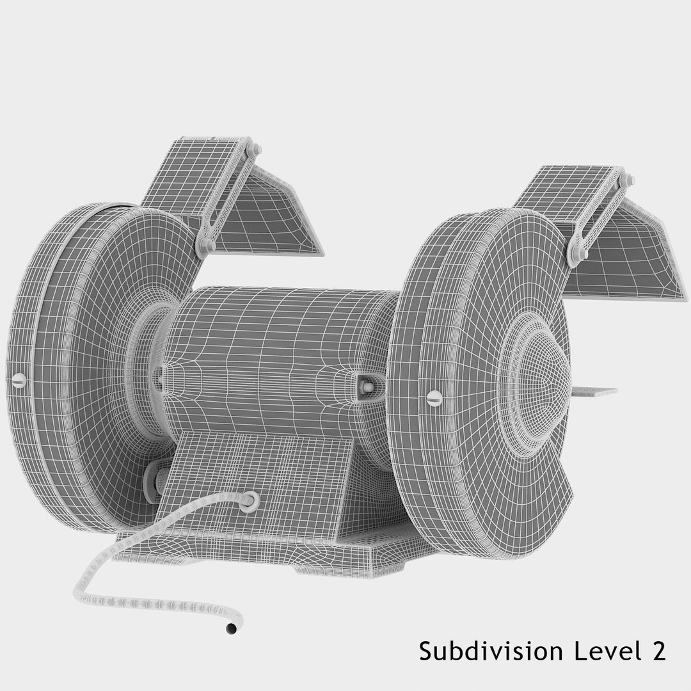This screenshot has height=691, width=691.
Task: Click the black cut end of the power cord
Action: (231, 629)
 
